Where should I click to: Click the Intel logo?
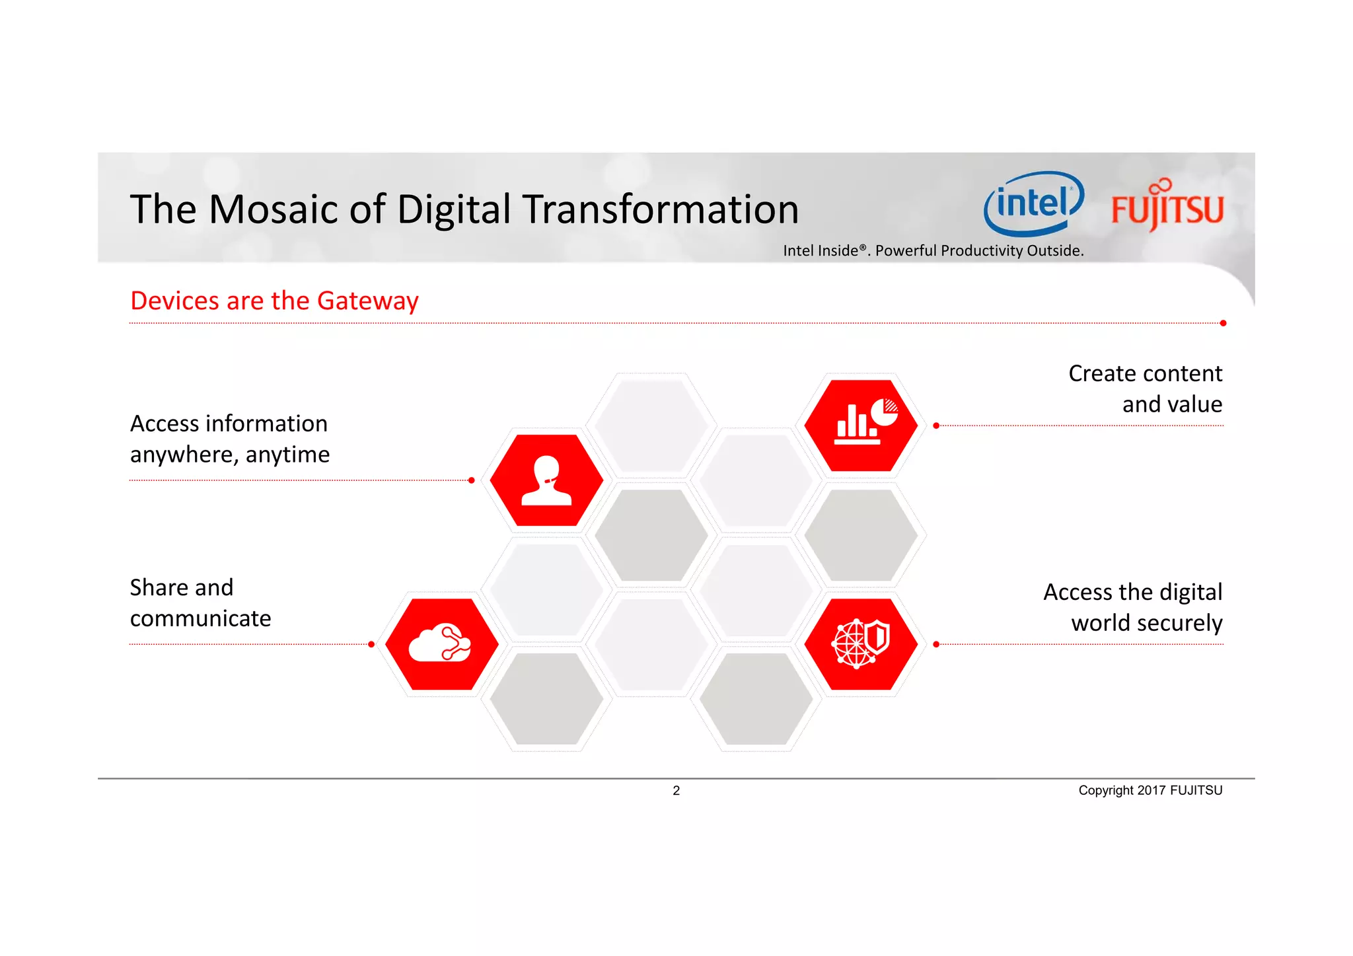click(x=1033, y=203)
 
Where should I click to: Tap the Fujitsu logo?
click(x=1167, y=207)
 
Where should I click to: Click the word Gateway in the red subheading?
click(x=367, y=301)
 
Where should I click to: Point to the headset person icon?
click(x=546, y=480)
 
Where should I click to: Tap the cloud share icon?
click(x=441, y=643)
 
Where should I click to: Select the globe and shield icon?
click(x=860, y=643)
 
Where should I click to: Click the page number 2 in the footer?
click(x=676, y=790)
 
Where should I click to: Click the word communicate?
click(x=200, y=618)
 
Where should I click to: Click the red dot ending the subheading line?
click(x=1223, y=323)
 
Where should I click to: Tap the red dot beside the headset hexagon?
click(x=471, y=480)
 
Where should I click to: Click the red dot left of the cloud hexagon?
click(x=371, y=644)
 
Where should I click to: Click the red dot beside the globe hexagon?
click(x=936, y=644)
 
